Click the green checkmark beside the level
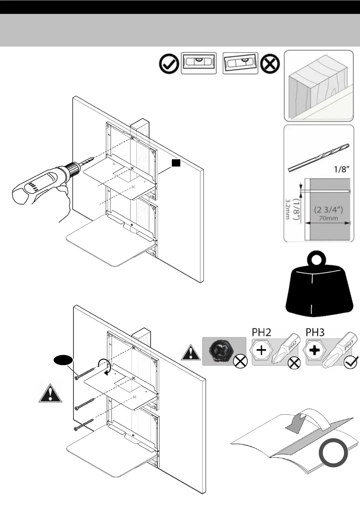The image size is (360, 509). click(x=169, y=64)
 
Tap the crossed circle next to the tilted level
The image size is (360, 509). click(x=270, y=64)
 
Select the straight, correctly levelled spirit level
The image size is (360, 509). click(x=199, y=63)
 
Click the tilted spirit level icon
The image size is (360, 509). click(x=241, y=63)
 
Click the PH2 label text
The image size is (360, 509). click(x=261, y=332)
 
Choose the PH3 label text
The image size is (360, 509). click(x=315, y=332)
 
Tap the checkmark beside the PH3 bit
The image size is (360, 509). click(x=351, y=361)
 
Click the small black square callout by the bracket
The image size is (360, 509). click(x=176, y=163)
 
